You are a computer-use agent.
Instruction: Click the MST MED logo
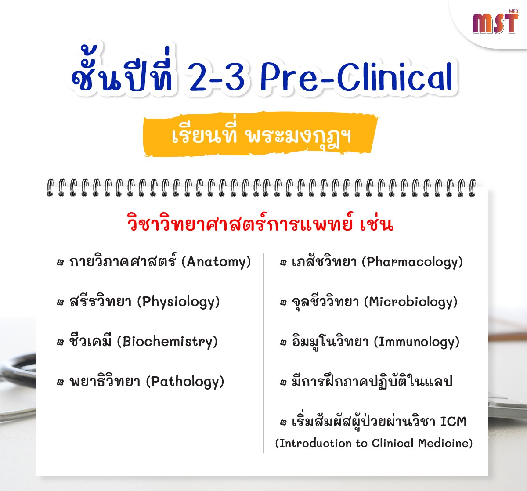point(495,22)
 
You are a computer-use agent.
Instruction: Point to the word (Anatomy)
point(216,262)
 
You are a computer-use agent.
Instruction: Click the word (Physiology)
point(178,302)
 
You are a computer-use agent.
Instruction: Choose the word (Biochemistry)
point(167,342)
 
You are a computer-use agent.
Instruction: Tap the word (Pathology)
point(185,382)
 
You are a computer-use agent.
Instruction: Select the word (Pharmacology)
point(412,262)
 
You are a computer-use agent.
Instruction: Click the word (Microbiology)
point(411,302)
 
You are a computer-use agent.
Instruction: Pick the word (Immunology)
point(417,342)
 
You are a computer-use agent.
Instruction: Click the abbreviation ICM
point(453,421)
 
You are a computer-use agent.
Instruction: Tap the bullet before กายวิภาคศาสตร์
point(61,263)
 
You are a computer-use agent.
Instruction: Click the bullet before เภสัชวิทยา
point(283,263)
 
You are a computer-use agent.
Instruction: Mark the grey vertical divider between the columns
point(263,353)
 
